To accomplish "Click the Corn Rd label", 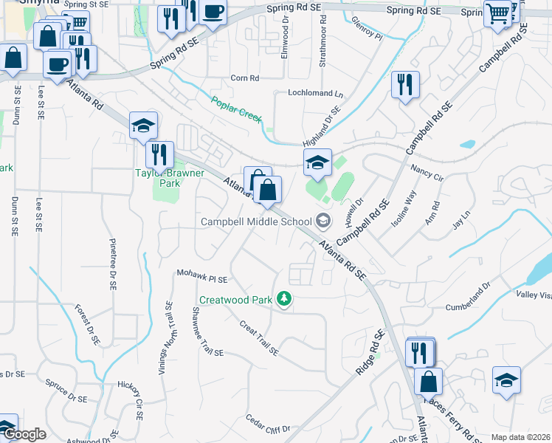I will [245, 78].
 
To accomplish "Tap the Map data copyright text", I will [521, 437].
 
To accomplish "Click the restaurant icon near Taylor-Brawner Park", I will [159, 154].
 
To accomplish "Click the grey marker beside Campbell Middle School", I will [322, 220].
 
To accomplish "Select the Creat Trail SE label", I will [258, 337].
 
